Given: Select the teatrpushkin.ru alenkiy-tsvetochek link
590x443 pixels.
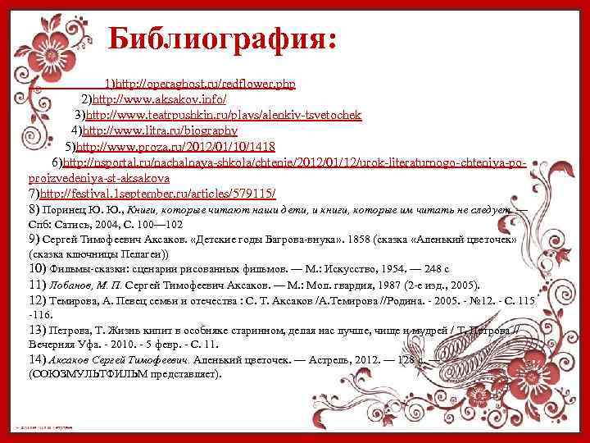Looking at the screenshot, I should tap(224, 115).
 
